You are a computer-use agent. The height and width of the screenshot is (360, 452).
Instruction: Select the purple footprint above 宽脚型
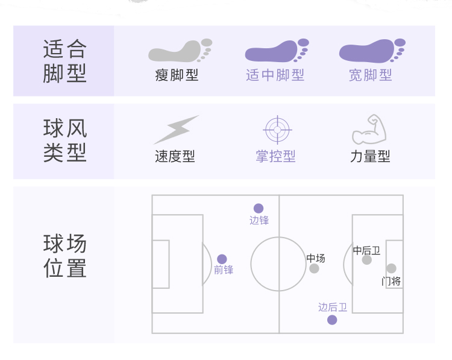pyautogui.click(x=370, y=51)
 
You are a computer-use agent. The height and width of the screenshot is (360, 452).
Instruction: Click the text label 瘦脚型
pyautogui.click(x=177, y=75)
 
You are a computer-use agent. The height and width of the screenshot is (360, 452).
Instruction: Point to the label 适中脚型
pyautogui.click(x=275, y=75)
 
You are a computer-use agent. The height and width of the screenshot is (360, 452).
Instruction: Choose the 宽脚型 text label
pyautogui.click(x=370, y=75)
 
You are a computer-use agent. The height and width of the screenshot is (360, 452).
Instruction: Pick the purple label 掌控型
pyautogui.click(x=275, y=157)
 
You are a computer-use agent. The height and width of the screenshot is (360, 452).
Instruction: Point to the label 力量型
pyautogui.click(x=370, y=157)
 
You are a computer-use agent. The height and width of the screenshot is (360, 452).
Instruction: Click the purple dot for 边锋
pyautogui.click(x=259, y=208)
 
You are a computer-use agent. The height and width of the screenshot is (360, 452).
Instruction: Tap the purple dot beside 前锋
pyautogui.click(x=222, y=259)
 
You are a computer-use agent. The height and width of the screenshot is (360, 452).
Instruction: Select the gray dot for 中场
pyautogui.click(x=314, y=268)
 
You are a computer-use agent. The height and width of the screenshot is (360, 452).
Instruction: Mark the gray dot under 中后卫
pyautogui.click(x=367, y=260)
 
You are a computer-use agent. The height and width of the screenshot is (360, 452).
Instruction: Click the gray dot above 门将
pyautogui.click(x=391, y=268)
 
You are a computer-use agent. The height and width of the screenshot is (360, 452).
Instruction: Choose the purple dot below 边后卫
pyautogui.click(x=332, y=320)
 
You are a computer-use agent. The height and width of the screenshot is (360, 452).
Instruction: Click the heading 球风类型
pyautogui.click(x=64, y=140)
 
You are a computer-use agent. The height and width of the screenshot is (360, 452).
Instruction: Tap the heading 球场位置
pyautogui.click(x=64, y=256)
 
